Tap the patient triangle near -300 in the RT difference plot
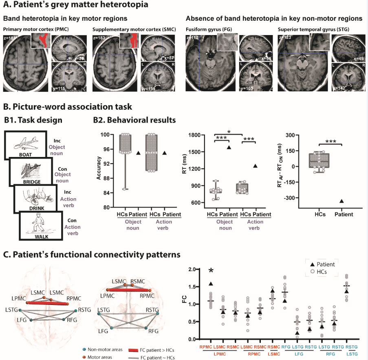[341, 201]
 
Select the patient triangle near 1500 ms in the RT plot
[229, 148]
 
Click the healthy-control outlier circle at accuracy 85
[124, 189]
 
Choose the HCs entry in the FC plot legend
[326, 272]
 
